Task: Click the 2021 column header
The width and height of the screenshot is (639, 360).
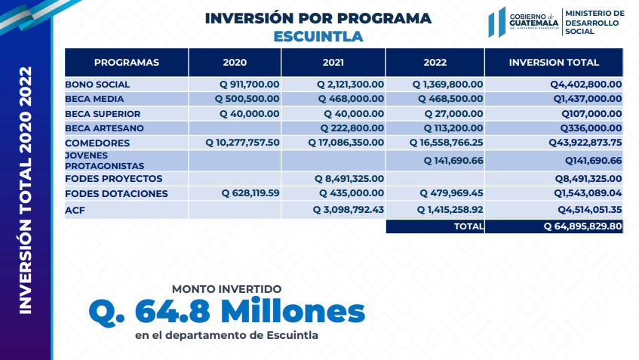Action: click(333, 63)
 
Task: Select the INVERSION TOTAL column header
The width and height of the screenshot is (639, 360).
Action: click(554, 63)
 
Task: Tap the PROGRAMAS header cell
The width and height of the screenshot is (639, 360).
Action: click(126, 63)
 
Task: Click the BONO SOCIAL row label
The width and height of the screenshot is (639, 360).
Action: click(97, 85)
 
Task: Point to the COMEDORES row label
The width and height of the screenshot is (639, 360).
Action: click(97, 143)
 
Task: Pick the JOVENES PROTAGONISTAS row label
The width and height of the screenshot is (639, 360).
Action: click(104, 161)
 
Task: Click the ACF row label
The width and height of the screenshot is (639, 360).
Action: click(75, 211)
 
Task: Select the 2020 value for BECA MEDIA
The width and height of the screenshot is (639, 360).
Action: click(247, 99)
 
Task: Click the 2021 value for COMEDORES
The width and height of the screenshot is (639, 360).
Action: click(346, 143)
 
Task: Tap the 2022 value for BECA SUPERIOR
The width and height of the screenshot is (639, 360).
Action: click(453, 114)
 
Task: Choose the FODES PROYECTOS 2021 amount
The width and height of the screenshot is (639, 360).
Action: click(349, 179)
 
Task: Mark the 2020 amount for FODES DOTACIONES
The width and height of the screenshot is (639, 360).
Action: click(250, 193)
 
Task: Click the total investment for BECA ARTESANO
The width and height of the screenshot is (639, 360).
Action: click(591, 128)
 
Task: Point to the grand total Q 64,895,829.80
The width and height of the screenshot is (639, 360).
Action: click(582, 226)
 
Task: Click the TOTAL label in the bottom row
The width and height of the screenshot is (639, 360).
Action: click(468, 226)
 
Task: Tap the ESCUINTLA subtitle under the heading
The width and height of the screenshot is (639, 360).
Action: click(318, 36)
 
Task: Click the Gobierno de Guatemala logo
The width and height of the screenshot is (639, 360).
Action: click(524, 22)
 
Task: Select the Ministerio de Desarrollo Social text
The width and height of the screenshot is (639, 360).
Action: click(594, 23)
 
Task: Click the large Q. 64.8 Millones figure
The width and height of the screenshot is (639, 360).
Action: click(226, 312)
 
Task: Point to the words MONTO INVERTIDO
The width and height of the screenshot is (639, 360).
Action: click(226, 289)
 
